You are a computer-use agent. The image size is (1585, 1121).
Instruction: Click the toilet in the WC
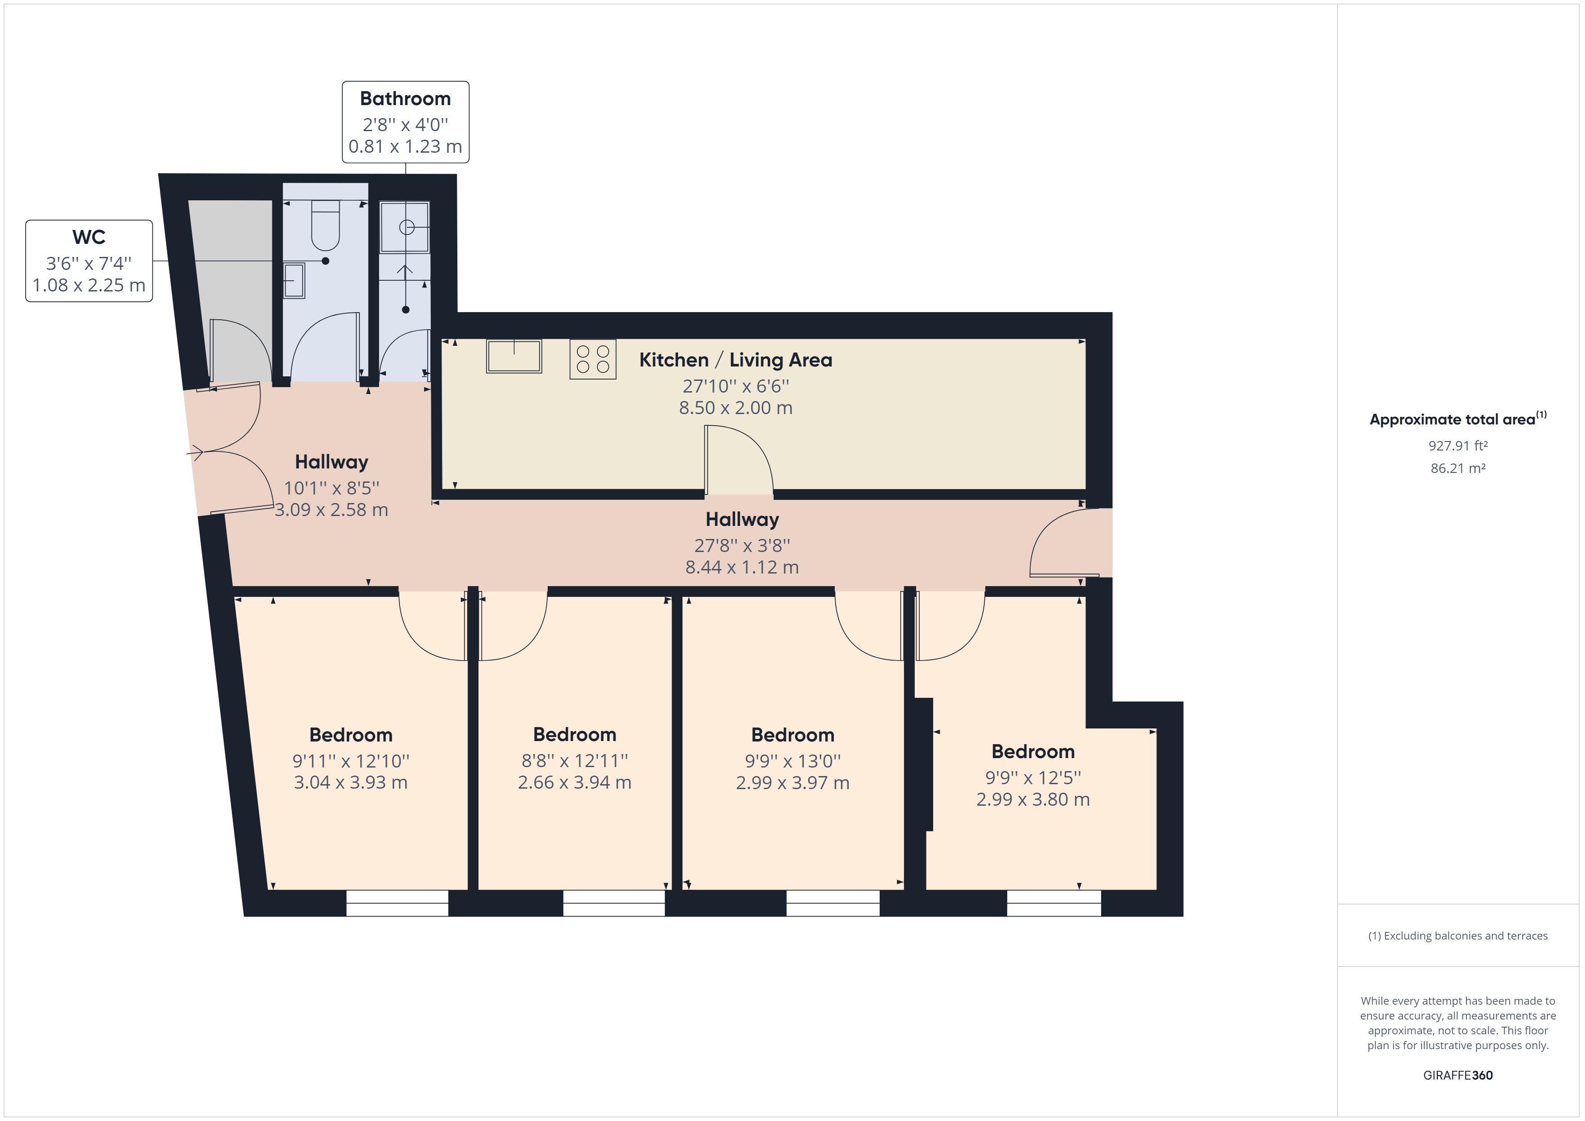pyautogui.click(x=325, y=225)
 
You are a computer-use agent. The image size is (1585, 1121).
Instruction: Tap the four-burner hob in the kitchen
pyautogui.click(x=592, y=360)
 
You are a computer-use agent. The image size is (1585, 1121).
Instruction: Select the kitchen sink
pyautogui.click(x=514, y=356)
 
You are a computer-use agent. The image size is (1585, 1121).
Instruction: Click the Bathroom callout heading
pyautogui.click(x=405, y=99)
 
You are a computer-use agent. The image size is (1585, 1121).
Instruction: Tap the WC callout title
pyautogui.click(x=89, y=238)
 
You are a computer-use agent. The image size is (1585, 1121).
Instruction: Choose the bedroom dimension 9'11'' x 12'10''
pyautogui.click(x=351, y=761)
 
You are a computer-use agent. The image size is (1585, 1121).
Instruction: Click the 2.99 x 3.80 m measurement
pyautogui.click(x=1033, y=799)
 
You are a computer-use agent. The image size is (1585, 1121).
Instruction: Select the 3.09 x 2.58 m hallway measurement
pyautogui.click(x=332, y=510)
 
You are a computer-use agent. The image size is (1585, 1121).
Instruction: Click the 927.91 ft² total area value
pyautogui.click(x=1458, y=446)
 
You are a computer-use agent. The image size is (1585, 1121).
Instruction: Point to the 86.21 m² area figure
pyautogui.click(x=1458, y=468)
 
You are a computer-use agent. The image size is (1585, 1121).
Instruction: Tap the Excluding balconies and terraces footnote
pyautogui.click(x=1458, y=936)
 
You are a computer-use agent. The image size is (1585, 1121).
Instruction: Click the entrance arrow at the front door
pyautogui.click(x=194, y=454)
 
